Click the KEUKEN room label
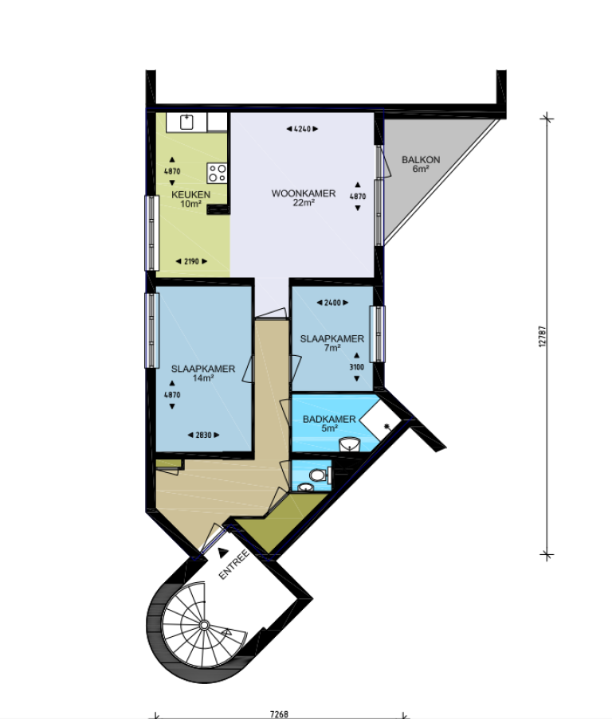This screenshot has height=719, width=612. [190, 194]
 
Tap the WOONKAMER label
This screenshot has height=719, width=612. [303, 193]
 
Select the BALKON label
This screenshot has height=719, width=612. [421, 160]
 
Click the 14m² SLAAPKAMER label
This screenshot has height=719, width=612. [202, 369]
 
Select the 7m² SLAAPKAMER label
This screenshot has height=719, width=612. [331, 338]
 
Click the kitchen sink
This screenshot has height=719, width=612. [186, 122]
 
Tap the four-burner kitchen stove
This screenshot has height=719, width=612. [217, 173]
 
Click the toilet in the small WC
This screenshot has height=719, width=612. [316, 475]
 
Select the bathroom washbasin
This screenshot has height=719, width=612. [349, 444]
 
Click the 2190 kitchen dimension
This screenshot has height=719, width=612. [191, 261]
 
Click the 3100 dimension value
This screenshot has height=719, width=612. [357, 367]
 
